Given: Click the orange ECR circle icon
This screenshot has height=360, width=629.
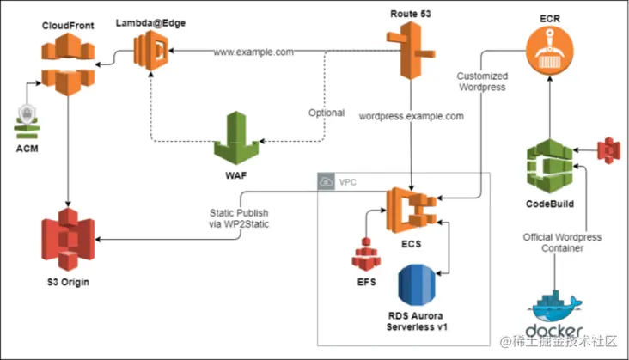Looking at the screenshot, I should (x=549, y=48).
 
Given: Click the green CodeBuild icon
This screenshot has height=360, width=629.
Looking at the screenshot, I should (x=549, y=163).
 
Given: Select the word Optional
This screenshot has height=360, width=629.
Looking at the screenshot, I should (x=327, y=113).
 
